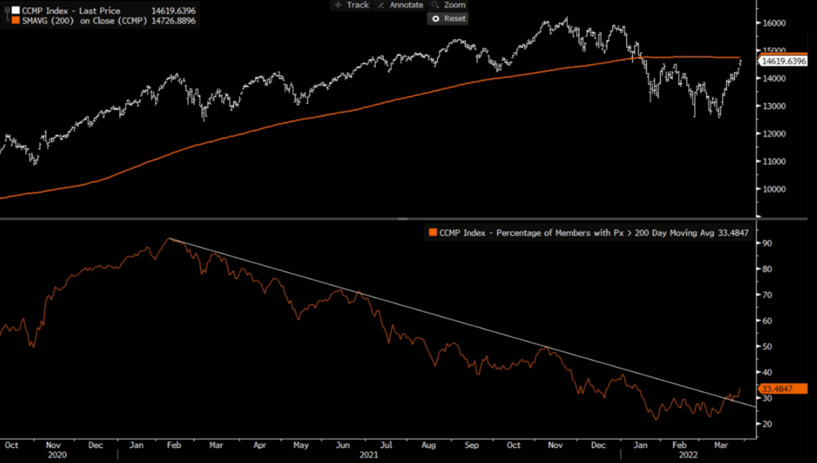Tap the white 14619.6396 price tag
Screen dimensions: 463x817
[x=784, y=61]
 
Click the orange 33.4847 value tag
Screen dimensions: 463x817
[x=776, y=389]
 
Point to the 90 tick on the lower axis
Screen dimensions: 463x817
[x=766, y=243]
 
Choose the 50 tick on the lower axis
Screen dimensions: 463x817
[x=766, y=346]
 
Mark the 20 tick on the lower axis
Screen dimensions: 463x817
[x=766, y=424]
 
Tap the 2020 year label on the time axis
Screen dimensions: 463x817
[x=57, y=454]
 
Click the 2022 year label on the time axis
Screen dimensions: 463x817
[x=691, y=454]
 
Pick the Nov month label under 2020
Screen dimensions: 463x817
[x=53, y=443]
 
